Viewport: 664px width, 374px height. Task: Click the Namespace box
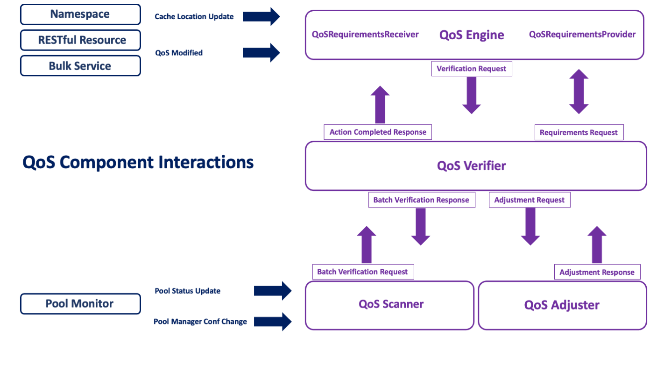click(x=80, y=14)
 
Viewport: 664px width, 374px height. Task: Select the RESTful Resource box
click(x=80, y=40)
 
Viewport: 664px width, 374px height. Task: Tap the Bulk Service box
click(x=80, y=66)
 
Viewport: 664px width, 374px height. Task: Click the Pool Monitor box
click(x=80, y=304)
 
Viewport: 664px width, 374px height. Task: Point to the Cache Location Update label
click(x=194, y=17)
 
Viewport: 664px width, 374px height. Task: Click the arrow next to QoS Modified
click(x=261, y=52)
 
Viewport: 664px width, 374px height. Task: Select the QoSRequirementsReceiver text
click(x=365, y=35)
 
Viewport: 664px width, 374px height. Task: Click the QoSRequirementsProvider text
click(x=582, y=35)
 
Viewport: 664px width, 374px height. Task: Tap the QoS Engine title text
click(x=472, y=35)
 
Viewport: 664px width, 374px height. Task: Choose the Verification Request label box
click(x=471, y=69)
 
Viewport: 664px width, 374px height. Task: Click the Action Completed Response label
click(x=378, y=132)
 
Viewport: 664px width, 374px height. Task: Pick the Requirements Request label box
click(x=579, y=132)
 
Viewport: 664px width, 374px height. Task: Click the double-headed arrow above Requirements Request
click(x=579, y=92)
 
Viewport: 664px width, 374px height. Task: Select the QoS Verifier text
click(x=471, y=165)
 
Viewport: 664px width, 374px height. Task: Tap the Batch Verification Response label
click(x=421, y=200)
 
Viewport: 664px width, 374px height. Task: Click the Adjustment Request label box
click(x=529, y=200)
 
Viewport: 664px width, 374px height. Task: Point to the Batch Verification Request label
click(x=362, y=272)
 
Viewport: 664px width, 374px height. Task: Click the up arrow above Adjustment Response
click(x=596, y=245)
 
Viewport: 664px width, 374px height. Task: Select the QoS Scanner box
click(x=390, y=304)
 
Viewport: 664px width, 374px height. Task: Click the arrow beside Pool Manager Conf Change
click(x=273, y=322)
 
